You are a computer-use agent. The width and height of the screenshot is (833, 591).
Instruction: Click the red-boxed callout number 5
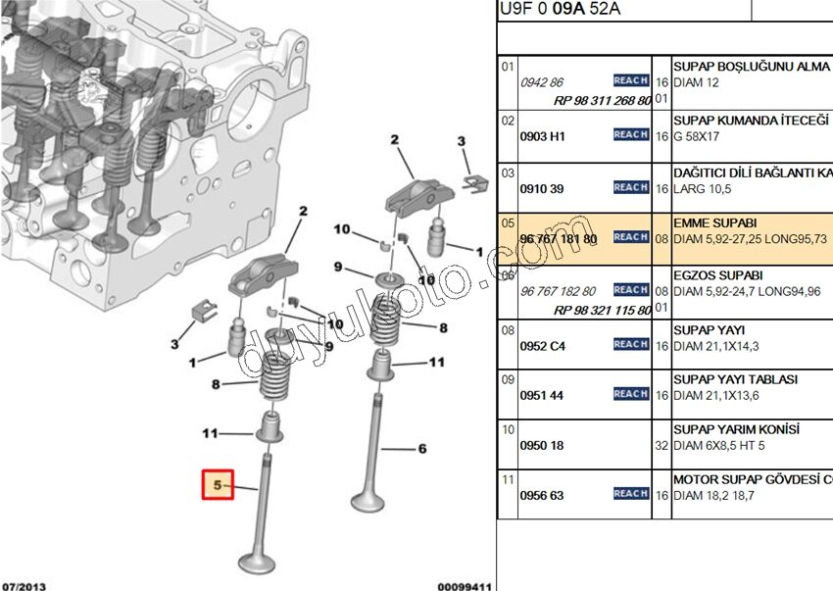pyautogui.click(x=218, y=485)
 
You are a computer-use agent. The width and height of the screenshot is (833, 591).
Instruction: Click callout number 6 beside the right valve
pyautogui.click(x=422, y=450)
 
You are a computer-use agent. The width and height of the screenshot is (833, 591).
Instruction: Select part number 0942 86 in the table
pyautogui.click(x=541, y=82)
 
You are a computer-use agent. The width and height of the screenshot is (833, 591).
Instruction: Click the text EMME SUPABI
pyautogui.click(x=714, y=223)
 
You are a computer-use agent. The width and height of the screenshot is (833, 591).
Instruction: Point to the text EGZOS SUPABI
pyautogui.click(x=717, y=276)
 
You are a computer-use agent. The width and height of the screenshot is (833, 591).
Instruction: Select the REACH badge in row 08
pyautogui.click(x=630, y=345)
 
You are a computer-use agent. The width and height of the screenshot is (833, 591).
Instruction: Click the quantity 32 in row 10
pyautogui.click(x=661, y=446)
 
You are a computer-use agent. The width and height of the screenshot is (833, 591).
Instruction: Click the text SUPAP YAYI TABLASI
pyautogui.click(x=735, y=379)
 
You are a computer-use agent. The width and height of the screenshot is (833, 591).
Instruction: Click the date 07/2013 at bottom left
pyautogui.click(x=24, y=585)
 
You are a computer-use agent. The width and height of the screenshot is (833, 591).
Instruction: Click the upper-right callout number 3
pyautogui.click(x=463, y=143)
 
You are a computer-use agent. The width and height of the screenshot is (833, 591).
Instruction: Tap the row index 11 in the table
pyautogui.click(x=508, y=480)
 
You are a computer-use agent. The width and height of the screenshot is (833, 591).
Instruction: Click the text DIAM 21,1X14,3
pyautogui.click(x=715, y=347)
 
